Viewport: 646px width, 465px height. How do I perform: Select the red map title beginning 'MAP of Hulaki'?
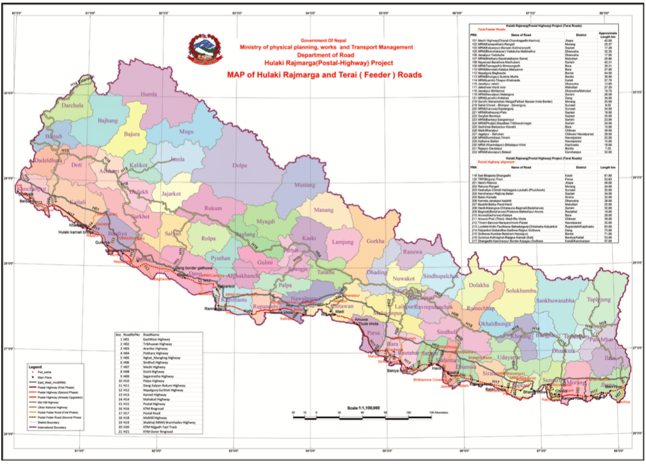click(x=325, y=75)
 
